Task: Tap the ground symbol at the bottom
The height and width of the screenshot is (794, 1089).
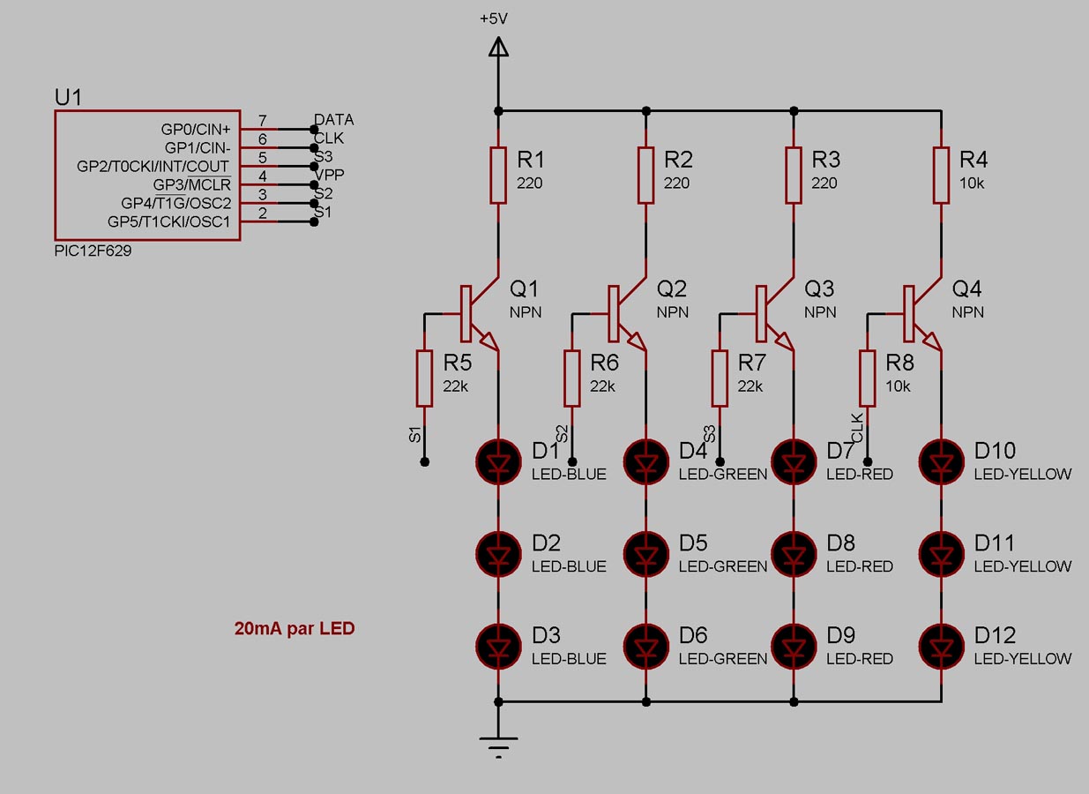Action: pyautogui.click(x=499, y=743)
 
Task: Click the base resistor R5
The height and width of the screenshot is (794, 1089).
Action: pyautogui.click(x=425, y=378)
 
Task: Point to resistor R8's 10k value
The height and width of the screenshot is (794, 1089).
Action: pyautogui.click(x=898, y=386)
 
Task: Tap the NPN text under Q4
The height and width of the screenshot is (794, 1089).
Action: pyautogui.click(x=967, y=312)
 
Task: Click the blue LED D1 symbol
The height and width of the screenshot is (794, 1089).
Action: pyautogui.click(x=499, y=460)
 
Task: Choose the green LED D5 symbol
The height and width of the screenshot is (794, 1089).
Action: pyautogui.click(x=647, y=552)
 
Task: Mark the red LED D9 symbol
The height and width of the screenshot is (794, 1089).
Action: pyautogui.click(x=794, y=644)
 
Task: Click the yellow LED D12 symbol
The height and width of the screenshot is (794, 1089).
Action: pyautogui.click(x=943, y=644)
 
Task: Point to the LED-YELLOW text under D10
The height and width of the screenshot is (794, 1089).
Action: pyautogui.click(x=1023, y=475)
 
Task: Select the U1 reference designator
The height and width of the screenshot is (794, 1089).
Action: pyautogui.click(x=69, y=97)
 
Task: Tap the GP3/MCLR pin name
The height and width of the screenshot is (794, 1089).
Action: pyautogui.click(x=191, y=184)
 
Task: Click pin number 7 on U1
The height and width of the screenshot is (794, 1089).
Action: pyautogui.click(x=263, y=119)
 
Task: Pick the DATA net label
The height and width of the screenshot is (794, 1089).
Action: pyautogui.click(x=334, y=119)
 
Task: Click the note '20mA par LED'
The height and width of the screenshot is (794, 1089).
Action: pyautogui.click(x=295, y=629)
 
